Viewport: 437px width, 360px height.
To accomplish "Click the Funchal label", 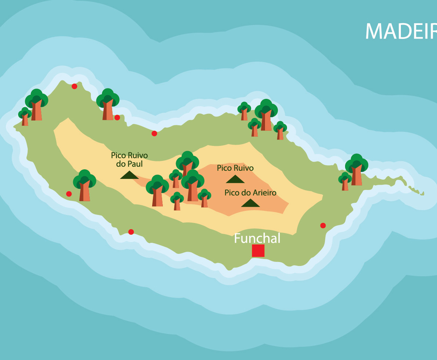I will pos(257,238).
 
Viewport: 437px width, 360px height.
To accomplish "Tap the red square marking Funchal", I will pos(258,250).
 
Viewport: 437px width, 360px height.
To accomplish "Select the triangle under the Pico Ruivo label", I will pos(235,179).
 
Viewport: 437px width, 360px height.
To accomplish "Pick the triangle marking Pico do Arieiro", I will pos(250,203).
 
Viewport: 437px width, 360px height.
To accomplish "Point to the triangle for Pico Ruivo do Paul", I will pos(129,175).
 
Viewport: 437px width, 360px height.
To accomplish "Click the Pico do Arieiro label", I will pos(250,193).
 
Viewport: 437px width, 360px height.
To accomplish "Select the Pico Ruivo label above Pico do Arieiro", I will pos(235,168).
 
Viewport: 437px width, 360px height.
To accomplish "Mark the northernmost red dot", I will pos(74,86).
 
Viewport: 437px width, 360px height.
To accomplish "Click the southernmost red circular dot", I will pos(131,232).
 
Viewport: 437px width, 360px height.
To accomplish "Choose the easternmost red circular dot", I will pos(323,225).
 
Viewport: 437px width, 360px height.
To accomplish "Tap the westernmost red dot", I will pos(69,194).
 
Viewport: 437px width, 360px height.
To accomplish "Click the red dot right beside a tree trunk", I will pos(117,117).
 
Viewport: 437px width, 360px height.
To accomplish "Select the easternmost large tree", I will pos(357,169).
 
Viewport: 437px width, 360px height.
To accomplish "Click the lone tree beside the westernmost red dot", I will pos(85,185).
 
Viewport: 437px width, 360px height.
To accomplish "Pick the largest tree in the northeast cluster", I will pos(266,115).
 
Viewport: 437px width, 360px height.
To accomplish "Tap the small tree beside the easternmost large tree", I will pos(345,181).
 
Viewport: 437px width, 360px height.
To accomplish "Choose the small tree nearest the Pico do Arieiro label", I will pos(204,198).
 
